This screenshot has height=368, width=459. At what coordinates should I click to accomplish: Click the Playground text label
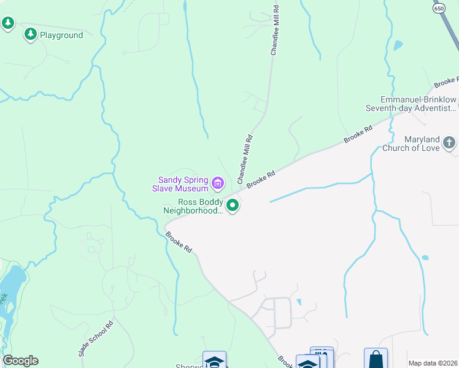pos(61,35)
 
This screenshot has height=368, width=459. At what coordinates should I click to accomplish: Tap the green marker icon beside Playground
pos(30,35)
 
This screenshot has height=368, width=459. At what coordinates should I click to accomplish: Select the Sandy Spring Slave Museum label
pos(184,184)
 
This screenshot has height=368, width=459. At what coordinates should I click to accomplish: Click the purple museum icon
pos(217,183)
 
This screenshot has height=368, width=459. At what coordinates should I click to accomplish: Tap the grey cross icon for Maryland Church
pos(449,144)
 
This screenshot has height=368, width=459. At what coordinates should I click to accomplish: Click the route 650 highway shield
pos(438,9)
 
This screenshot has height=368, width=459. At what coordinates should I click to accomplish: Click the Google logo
pos(20,361)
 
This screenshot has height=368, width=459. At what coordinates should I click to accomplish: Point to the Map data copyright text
pos(433,363)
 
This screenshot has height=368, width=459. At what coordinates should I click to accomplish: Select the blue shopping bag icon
pos(376,359)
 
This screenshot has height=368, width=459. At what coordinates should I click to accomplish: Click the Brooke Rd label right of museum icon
pos(260,179)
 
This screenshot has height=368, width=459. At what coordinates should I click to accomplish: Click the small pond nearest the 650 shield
pos(398,45)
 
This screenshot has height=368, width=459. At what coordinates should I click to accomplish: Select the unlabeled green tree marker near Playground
pos(7,24)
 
